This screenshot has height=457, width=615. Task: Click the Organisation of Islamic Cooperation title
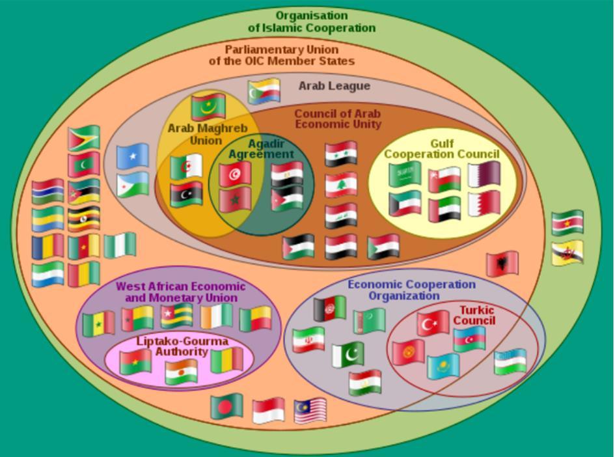point(312,21)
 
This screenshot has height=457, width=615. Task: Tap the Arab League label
point(334,86)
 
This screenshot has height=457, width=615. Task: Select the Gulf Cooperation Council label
point(441,149)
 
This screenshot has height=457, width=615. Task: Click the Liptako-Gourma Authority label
point(173,346)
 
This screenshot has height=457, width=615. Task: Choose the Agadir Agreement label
point(261,149)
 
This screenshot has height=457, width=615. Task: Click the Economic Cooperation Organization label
point(411,290)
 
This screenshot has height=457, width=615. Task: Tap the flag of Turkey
point(433,324)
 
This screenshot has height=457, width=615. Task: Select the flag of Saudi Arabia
point(405,174)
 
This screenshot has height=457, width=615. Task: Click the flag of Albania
point(502,264)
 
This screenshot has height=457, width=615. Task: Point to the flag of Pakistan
point(348,355)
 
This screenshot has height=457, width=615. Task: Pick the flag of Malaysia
point(310,411)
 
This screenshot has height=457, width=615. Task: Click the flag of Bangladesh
point(226,407)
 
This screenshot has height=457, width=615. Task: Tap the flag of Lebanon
point(341,185)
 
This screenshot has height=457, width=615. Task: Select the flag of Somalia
point(133,156)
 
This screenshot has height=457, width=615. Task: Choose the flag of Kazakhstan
point(443,366)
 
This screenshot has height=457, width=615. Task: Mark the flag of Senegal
point(99,324)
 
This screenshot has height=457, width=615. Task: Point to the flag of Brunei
point(567,253)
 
